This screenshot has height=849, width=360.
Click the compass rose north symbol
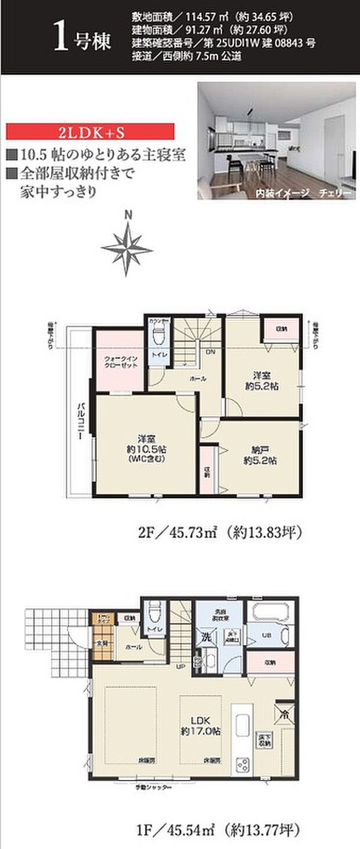click(x=127, y=248)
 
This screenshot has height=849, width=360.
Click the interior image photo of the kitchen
click(x=276, y=141)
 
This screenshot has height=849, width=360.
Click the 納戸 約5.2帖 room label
click(x=260, y=455)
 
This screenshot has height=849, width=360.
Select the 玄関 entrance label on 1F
click(x=101, y=643)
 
